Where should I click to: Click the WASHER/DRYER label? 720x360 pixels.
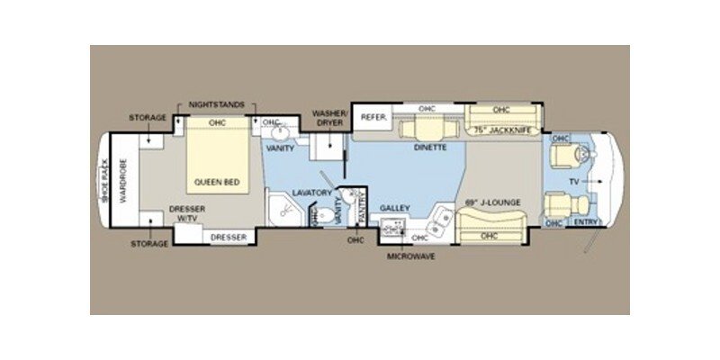329,119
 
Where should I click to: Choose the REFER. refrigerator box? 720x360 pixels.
373,117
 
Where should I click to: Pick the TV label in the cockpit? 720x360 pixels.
572,180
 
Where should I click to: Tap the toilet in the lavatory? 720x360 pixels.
315,216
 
